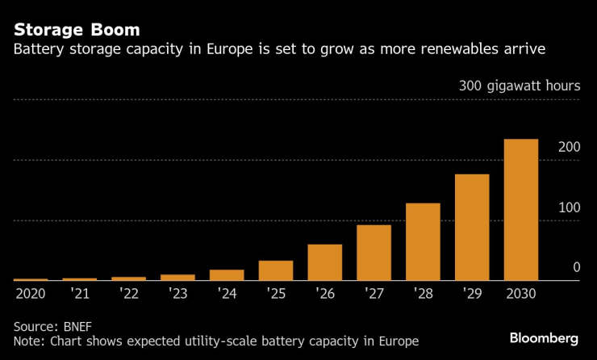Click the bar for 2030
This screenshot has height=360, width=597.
point(520,210)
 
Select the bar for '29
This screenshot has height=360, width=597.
point(472,228)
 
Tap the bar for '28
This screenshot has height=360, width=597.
point(423,242)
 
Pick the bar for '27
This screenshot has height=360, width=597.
point(374,253)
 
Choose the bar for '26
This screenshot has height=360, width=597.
point(324,262)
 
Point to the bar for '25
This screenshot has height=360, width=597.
point(276,270)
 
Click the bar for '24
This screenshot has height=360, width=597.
point(227,275)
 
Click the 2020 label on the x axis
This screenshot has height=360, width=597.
point(31,293)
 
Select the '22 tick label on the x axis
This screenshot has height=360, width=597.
point(128,293)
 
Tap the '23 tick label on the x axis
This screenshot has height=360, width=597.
point(177,293)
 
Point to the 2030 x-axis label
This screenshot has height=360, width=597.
point(520,293)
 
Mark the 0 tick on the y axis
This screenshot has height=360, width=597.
point(576,267)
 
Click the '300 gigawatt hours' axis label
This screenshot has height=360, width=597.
point(519,86)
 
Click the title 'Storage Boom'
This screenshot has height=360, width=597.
point(77,30)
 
